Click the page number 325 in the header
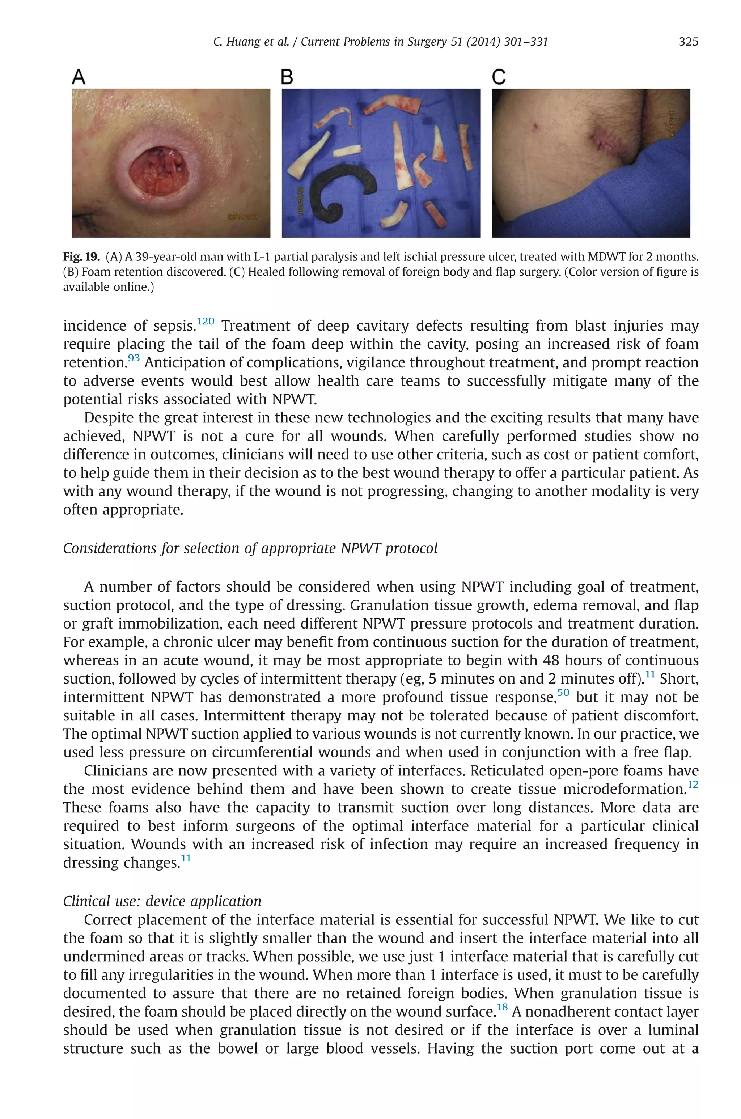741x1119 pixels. click(688, 42)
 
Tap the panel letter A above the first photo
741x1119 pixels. click(79, 77)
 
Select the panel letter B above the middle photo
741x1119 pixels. click(287, 77)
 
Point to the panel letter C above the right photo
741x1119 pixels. click(499, 77)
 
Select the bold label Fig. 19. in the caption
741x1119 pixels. click(81, 257)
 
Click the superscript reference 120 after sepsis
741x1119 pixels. click(206, 322)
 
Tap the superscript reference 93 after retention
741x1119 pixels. click(134, 358)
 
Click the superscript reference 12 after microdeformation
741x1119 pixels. click(693, 784)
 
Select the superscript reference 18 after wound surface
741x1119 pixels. click(502, 1007)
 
